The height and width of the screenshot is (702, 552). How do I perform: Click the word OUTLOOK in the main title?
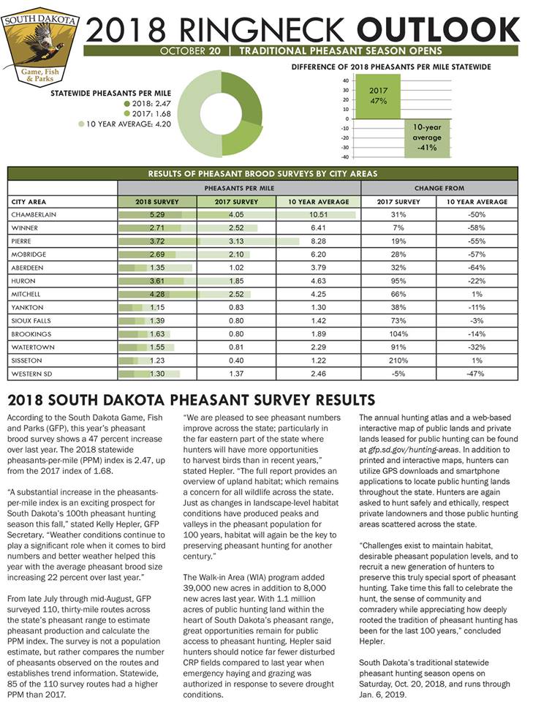(x=439, y=29)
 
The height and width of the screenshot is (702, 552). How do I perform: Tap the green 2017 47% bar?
(x=378, y=97)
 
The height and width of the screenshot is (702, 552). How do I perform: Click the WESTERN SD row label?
(x=34, y=374)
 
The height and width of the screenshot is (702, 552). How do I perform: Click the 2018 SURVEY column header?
(x=158, y=201)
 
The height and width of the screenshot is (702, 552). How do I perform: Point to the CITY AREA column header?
(x=29, y=201)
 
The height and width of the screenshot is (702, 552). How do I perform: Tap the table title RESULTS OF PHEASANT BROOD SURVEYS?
(x=262, y=174)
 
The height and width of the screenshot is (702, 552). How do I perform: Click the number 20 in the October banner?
(x=216, y=51)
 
